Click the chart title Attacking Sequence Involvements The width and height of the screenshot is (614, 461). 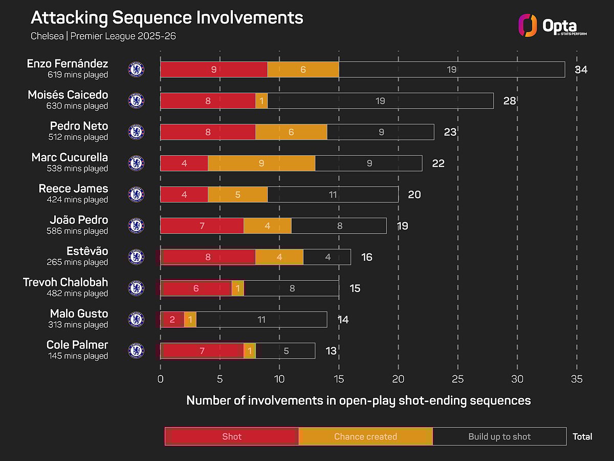point(167,17)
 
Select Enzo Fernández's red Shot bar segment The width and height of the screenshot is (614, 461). point(214,70)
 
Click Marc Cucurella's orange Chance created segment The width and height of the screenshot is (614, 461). point(261,163)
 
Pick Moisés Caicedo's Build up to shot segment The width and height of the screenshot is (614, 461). point(380,101)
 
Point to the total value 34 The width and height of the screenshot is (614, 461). point(581,70)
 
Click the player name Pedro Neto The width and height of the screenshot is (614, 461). point(79,126)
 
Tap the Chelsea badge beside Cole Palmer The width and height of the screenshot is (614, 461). point(136,351)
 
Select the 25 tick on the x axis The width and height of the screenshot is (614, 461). point(458,379)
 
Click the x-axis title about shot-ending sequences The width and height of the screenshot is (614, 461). point(358,401)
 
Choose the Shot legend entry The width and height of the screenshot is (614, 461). point(232,436)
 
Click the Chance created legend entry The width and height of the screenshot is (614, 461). point(365,436)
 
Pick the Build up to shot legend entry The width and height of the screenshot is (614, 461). point(499,436)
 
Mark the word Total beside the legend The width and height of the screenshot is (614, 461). point(582,436)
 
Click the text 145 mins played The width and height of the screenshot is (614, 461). point(78,356)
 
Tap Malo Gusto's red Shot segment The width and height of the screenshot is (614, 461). point(172,320)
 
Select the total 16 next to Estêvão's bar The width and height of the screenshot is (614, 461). point(366,257)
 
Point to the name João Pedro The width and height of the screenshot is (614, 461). point(79,220)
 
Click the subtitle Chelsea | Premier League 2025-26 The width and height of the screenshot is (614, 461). point(103,36)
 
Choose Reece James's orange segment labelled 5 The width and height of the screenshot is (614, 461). point(238,195)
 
